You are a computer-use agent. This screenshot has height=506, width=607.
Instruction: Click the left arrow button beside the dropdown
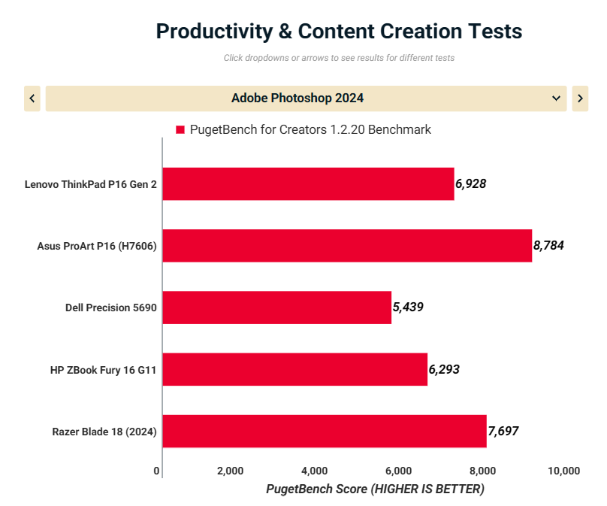(32, 98)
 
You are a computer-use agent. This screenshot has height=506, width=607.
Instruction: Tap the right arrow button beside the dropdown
(580, 98)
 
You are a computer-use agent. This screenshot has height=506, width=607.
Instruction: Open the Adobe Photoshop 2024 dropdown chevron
(556, 98)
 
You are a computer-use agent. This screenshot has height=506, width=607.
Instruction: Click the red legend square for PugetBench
(180, 129)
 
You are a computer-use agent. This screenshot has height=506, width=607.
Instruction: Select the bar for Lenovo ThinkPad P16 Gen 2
(308, 183)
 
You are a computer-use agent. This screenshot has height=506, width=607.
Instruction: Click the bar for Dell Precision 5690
(276, 307)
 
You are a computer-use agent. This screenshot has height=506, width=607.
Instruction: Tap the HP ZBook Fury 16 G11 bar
(294, 369)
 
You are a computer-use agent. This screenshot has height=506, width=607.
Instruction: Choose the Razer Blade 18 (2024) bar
(325, 431)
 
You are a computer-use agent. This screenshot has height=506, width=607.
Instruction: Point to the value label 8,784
(548, 245)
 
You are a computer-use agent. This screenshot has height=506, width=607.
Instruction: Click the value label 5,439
(408, 307)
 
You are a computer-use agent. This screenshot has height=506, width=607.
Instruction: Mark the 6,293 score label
(444, 369)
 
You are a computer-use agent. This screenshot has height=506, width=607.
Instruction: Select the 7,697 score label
(503, 431)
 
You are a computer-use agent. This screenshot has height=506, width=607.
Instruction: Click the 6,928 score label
(471, 183)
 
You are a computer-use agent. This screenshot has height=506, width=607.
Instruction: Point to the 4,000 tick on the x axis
(313, 471)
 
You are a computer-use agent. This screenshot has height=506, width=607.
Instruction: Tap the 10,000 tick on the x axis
(564, 471)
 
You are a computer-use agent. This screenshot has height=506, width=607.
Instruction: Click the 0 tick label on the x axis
(156, 471)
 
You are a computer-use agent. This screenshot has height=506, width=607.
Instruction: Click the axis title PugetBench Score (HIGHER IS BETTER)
(375, 489)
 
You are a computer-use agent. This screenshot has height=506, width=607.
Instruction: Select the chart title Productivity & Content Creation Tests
(339, 32)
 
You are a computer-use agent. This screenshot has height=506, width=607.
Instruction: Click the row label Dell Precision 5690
(111, 307)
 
